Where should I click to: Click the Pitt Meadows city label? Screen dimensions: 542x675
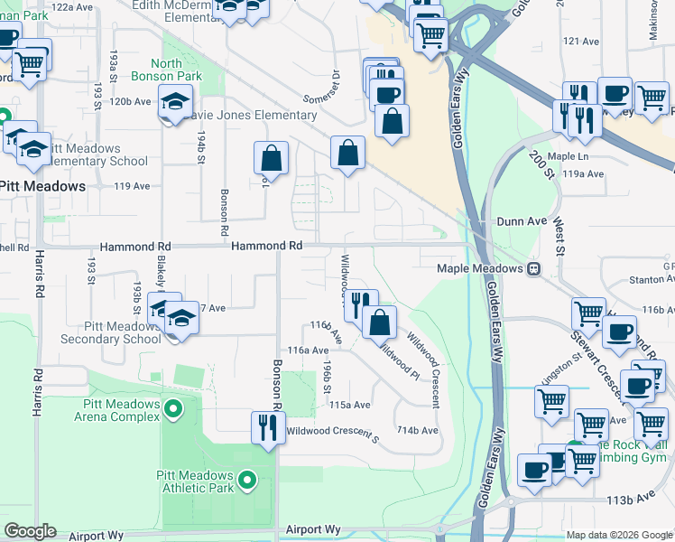click(42, 186)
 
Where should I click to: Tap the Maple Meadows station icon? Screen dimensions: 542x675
click(533, 269)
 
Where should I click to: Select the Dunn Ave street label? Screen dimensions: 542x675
click(522, 221)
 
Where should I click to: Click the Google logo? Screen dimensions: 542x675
click(30, 531)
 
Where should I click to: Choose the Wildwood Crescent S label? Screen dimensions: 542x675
click(332, 433)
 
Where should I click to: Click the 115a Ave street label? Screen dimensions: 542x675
click(350, 406)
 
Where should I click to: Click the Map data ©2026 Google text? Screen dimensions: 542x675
click(618, 535)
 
